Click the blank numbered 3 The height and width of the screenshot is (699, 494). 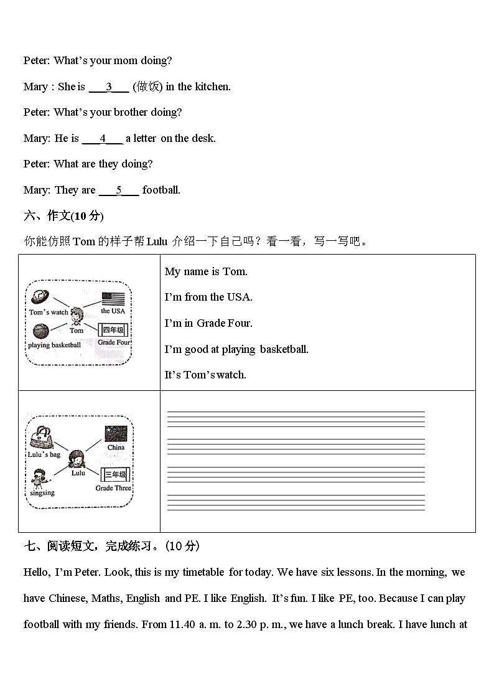point(109,87)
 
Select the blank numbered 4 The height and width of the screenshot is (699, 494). point(103,139)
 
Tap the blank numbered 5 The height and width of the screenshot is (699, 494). point(119,190)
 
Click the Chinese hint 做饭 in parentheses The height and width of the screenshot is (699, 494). point(147,87)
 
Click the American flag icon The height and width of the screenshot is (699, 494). point(113,298)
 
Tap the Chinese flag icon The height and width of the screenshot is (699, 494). point(116,434)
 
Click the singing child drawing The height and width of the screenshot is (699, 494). point(39,479)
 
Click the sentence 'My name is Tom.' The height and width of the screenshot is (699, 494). point(206,271)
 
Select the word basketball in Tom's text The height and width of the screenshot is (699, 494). point(284,349)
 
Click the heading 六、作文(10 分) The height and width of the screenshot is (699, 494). point(63,216)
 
